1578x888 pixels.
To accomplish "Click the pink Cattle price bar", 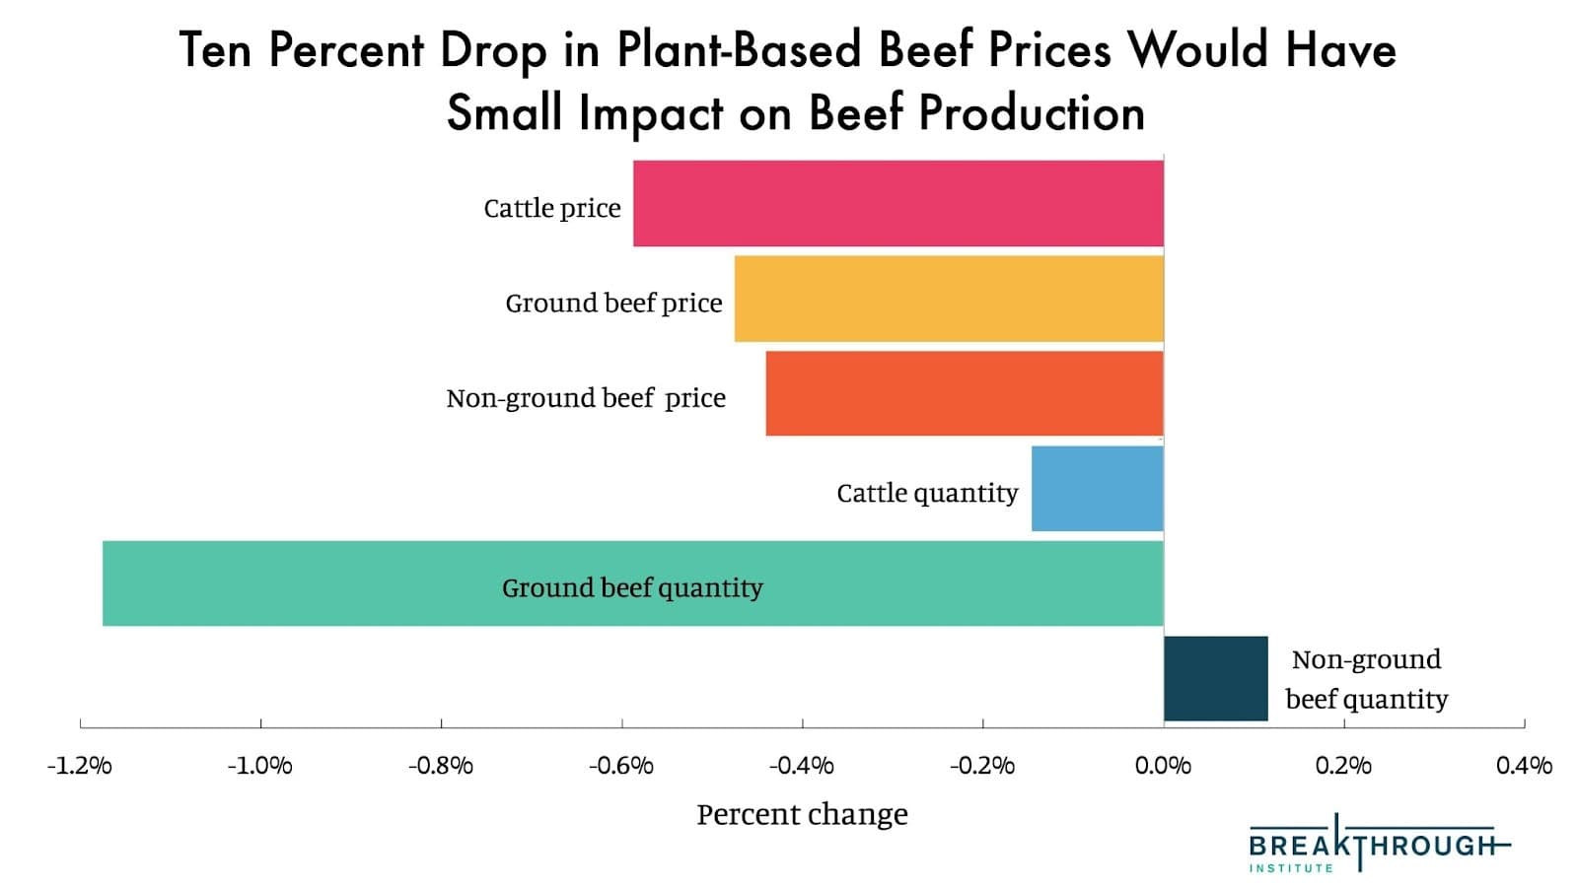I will coord(897,203).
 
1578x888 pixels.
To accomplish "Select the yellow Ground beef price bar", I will coord(948,299).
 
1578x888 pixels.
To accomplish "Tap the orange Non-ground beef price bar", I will coord(964,393).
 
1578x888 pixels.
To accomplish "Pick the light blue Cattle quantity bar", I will coord(1097,488).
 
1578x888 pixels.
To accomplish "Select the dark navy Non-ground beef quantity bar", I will coord(1215,678).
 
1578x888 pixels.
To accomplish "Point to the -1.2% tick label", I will coord(80,766).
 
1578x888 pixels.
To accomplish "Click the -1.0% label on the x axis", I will coord(260,766).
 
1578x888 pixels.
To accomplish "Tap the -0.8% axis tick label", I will coord(441,766).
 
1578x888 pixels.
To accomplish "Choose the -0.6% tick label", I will coord(621,766).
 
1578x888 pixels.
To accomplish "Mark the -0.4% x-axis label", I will coord(802,766).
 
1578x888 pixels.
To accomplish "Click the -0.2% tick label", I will coord(982,766).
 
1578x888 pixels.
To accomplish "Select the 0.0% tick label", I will coord(1164,766).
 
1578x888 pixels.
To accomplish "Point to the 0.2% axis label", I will coord(1343,766).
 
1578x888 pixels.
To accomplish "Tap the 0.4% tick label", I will coord(1524,766).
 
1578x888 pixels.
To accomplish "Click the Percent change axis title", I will coord(802,815).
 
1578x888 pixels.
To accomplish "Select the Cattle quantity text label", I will coord(927,493).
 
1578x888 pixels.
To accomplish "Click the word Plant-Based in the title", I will coord(740,49).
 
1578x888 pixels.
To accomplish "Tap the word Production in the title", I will coord(1032,112).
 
